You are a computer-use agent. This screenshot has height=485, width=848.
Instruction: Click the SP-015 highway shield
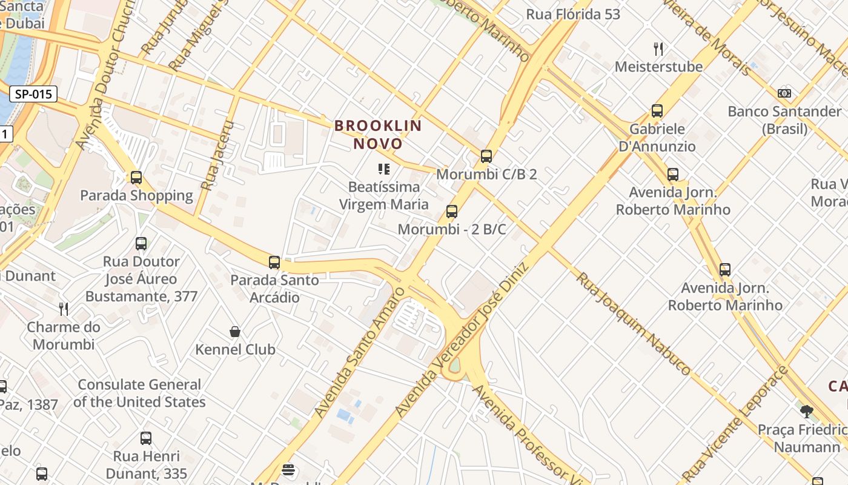[x=34, y=94]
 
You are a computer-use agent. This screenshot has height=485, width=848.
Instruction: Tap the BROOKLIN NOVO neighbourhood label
[x=378, y=135]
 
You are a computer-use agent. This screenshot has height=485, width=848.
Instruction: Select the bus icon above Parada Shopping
[x=136, y=178]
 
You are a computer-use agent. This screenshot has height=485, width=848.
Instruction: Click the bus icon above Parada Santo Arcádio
[x=274, y=263]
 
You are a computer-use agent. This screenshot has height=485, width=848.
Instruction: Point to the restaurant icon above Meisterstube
[x=658, y=48]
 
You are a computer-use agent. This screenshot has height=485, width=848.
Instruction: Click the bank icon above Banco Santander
[x=784, y=93]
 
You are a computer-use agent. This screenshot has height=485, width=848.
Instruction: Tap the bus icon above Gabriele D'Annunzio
[x=657, y=111]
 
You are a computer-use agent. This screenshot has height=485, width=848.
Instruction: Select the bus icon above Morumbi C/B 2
[x=486, y=156]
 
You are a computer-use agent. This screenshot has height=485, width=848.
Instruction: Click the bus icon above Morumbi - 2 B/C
[x=452, y=212]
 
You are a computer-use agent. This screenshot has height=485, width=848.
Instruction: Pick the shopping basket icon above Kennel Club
[x=235, y=332]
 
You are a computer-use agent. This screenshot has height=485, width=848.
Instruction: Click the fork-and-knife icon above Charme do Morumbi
[x=64, y=309]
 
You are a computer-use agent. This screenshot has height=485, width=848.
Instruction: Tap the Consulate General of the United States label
[x=139, y=393]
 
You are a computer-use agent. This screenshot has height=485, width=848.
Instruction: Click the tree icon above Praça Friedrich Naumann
[x=806, y=412]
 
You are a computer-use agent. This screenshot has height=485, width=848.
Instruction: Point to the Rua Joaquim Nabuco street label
[x=633, y=324]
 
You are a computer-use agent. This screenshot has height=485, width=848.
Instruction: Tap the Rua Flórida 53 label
[x=573, y=15]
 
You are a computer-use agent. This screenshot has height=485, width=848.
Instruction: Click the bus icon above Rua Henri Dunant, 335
[x=146, y=438]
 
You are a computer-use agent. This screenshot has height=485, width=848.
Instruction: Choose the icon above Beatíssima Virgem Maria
[x=384, y=169]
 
